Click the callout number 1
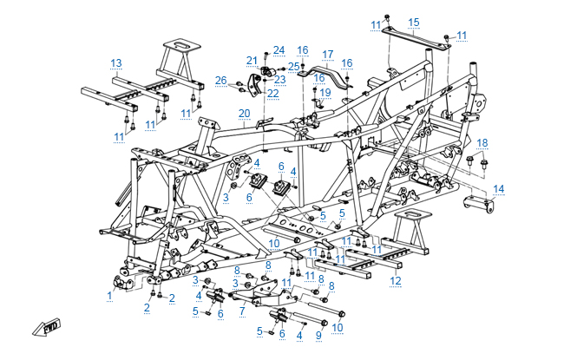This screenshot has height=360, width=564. click(x=110, y=296)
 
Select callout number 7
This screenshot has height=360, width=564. click(x=243, y=310)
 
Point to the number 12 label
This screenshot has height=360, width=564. click(x=395, y=280)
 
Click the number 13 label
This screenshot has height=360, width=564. click(x=116, y=62)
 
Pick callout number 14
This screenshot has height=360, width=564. click(x=498, y=188)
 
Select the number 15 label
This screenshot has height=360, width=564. click(x=414, y=22)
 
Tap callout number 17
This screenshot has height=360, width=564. click(x=328, y=54)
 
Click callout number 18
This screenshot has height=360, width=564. click(x=482, y=142)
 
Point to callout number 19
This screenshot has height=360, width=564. click(x=325, y=92)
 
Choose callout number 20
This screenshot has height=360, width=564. click(x=245, y=114)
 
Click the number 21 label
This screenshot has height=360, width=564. click(x=251, y=60)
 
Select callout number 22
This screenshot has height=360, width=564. click(x=272, y=93)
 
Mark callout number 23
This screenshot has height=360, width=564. click(x=280, y=79)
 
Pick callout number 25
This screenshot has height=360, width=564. click(x=294, y=66)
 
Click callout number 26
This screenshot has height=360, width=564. click(x=221, y=81)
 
